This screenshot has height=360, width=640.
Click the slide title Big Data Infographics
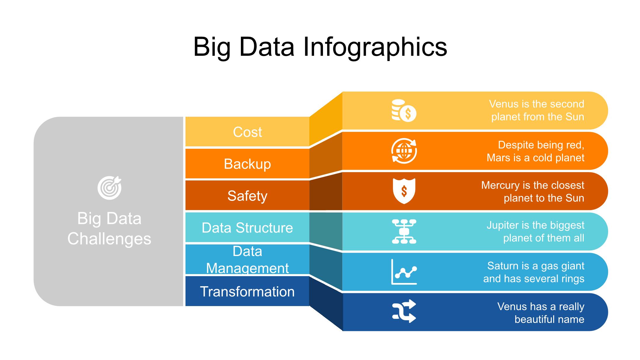[x=320, y=47]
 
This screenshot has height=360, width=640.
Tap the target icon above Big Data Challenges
[x=109, y=188]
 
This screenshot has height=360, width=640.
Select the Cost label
[x=247, y=132]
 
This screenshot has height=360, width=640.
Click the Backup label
[x=247, y=164]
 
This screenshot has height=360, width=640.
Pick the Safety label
[x=247, y=196]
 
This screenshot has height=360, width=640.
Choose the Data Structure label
[x=247, y=228]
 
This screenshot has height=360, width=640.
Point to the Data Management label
[x=247, y=260]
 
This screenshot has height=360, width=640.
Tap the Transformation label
[x=247, y=292]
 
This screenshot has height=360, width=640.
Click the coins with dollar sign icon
[x=404, y=111]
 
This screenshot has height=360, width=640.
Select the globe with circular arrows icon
[x=404, y=151]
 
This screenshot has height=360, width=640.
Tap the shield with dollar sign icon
[x=404, y=191]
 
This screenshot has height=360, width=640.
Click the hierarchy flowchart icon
[x=404, y=231]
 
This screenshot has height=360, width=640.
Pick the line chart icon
[x=404, y=272]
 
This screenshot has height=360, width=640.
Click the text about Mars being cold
[x=535, y=151]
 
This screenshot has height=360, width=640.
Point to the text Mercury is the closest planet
[x=533, y=191]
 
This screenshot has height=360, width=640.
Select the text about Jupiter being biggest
[x=535, y=231]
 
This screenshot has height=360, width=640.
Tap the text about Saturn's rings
[x=534, y=272]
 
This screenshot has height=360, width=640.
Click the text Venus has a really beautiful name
[x=541, y=313]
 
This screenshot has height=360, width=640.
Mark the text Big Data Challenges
[x=109, y=228]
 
